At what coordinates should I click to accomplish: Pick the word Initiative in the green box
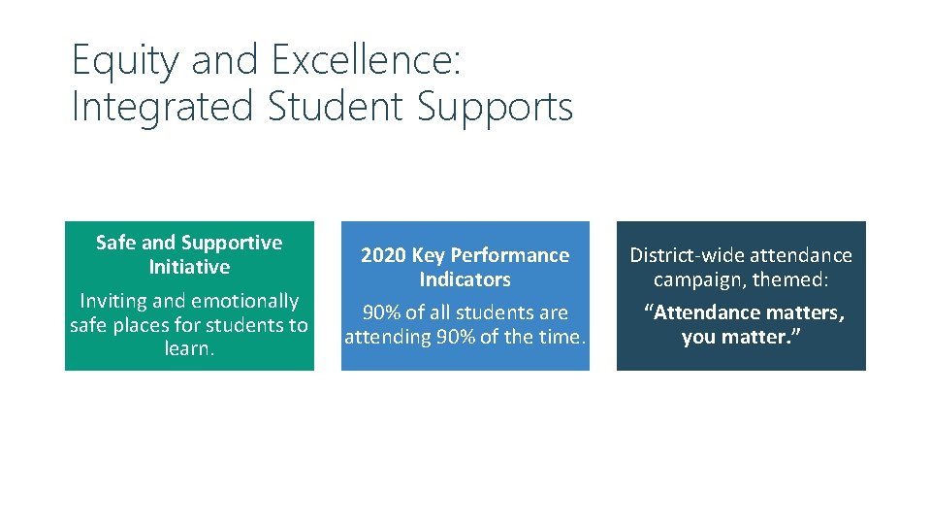[189, 267]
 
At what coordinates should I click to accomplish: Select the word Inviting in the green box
[114, 302]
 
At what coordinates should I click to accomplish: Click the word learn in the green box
[188, 348]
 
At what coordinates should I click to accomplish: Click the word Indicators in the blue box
[465, 279]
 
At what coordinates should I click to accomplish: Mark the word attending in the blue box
[387, 338]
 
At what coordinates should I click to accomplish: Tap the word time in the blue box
[562, 338]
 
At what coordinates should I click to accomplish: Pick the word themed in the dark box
[794, 279]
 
